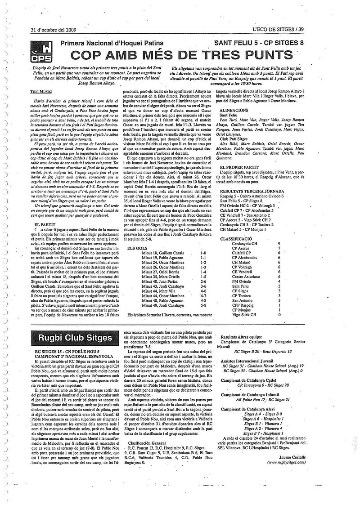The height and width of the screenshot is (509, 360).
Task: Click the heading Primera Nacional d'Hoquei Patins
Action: pos(110,43)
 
